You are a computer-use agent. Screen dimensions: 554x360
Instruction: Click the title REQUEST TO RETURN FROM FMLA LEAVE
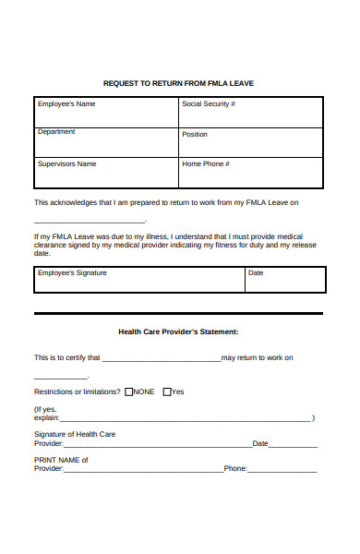(x=178, y=83)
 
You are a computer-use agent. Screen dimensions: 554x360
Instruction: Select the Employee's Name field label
(x=66, y=104)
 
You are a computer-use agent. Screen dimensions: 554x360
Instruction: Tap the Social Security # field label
(x=209, y=104)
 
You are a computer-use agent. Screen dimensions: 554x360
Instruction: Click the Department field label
(x=56, y=132)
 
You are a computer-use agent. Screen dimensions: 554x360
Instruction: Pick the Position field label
(x=195, y=135)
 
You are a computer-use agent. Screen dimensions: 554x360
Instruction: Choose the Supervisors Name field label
(x=66, y=163)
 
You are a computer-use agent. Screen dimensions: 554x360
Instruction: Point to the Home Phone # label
(x=206, y=163)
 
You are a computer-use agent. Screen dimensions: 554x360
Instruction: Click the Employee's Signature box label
(x=72, y=273)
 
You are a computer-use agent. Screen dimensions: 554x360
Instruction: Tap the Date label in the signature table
(x=256, y=273)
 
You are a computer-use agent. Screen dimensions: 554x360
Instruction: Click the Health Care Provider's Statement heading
(x=178, y=331)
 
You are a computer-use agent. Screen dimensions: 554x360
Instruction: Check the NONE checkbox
(x=128, y=391)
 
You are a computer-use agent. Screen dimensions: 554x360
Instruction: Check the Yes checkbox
(x=167, y=391)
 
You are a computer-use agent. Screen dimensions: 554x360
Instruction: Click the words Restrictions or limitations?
(x=78, y=391)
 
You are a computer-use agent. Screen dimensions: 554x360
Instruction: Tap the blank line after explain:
(x=185, y=419)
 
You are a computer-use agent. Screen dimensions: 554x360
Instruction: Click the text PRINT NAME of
(x=61, y=459)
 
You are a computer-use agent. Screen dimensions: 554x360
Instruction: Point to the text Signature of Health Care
(x=75, y=434)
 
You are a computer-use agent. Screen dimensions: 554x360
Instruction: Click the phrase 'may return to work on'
(x=258, y=357)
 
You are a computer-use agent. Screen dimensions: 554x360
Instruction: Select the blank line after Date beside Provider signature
(x=293, y=445)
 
